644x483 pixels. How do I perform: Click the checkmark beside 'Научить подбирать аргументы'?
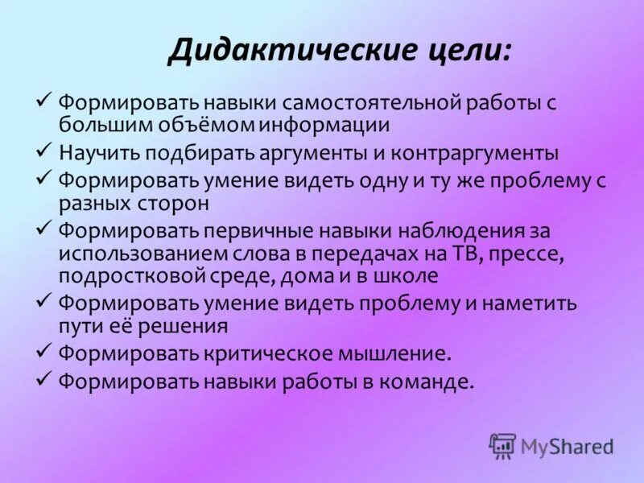[x=44, y=151]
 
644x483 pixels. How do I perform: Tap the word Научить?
[x=100, y=153]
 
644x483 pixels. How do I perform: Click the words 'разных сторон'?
[x=134, y=202]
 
